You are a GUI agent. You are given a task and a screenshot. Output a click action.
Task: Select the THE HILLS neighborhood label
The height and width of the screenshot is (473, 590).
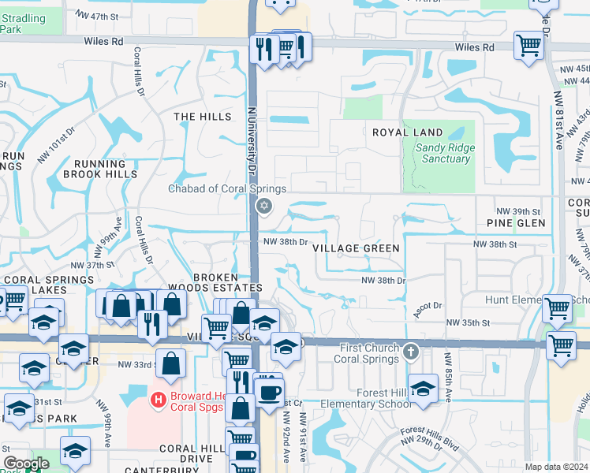point(203,116)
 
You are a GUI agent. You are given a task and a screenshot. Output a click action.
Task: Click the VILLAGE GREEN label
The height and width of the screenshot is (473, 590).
point(356,248)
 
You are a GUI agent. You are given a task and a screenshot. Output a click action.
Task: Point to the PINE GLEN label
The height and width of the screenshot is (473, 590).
point(516,224)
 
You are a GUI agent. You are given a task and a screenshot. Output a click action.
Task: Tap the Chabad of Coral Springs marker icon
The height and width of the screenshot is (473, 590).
point(264,207)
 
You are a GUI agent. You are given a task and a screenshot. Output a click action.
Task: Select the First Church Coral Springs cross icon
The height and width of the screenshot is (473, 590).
point(410,351)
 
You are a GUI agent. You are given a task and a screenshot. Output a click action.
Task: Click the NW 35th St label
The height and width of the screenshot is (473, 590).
point(468,322)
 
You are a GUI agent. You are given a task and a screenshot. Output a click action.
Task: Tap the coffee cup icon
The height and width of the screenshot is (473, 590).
point(269,391)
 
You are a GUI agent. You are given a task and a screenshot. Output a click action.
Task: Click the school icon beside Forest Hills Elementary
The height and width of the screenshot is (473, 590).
point(424,389)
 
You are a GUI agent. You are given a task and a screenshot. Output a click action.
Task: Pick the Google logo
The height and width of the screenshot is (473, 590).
point(25,464)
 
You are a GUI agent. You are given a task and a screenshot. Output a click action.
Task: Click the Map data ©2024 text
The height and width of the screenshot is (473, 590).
point(557,467)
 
